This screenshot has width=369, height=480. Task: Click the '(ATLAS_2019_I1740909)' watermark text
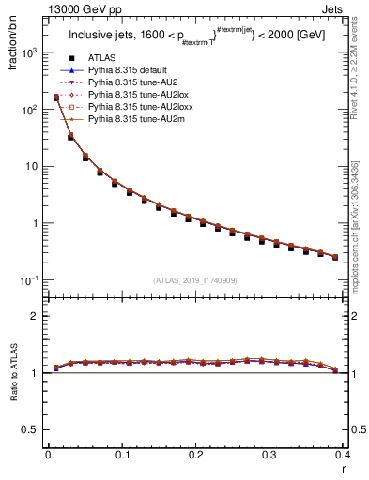(x=194, y=280)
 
